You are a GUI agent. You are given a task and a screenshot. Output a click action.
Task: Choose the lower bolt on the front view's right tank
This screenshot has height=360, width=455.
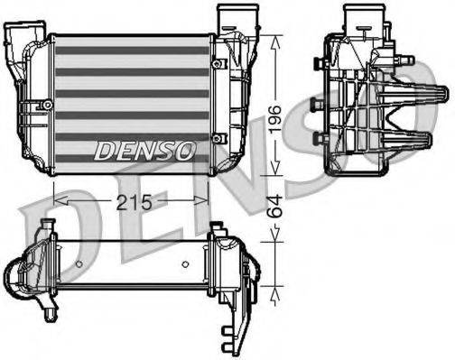point(219,137)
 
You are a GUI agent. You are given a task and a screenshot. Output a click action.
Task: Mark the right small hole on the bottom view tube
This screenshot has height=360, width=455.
point(185,263)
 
